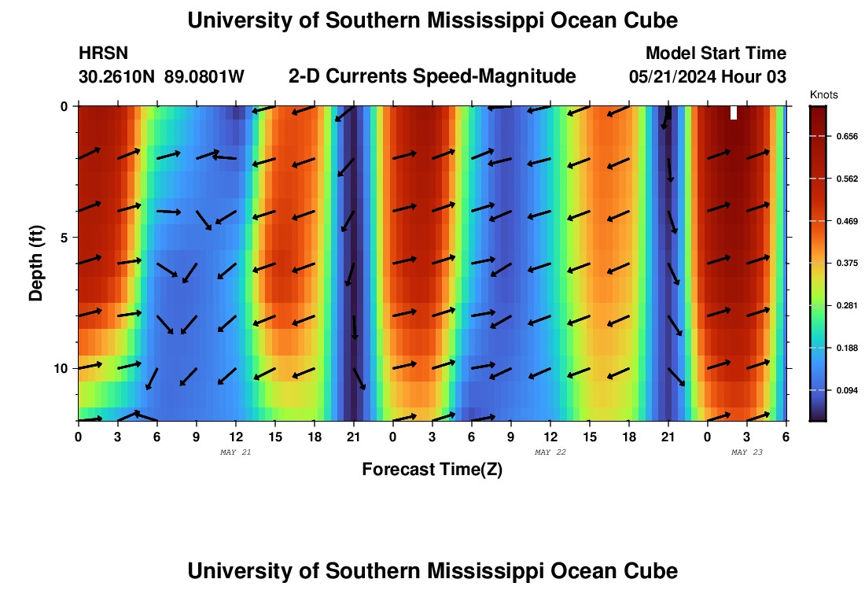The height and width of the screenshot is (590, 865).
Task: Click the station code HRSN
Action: click(x=103, y=53)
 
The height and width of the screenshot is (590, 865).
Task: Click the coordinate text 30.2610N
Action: click(x=117, y=76)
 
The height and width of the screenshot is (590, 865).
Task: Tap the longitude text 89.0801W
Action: click(x=204, y=76)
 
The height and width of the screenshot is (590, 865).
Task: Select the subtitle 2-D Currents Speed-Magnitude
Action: click(x=432, y=76)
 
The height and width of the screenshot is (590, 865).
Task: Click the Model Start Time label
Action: click(x=716, y=53)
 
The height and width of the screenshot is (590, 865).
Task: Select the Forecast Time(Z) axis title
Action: click(x=432, y=470)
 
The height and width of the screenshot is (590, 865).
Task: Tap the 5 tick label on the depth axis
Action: click(x=64, y=238)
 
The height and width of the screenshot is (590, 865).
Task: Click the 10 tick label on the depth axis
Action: click(x=61, y=369)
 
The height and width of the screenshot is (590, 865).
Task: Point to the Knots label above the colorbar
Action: click(x=823, y=95)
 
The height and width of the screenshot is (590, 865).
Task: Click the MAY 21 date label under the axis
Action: click(x=236, y=452)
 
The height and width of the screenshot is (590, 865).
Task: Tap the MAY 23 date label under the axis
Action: click(x=747, y=452)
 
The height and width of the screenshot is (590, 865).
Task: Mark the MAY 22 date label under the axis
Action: click(x=550, y=452)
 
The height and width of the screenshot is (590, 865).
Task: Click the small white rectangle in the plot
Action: click(x=733, y=112)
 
